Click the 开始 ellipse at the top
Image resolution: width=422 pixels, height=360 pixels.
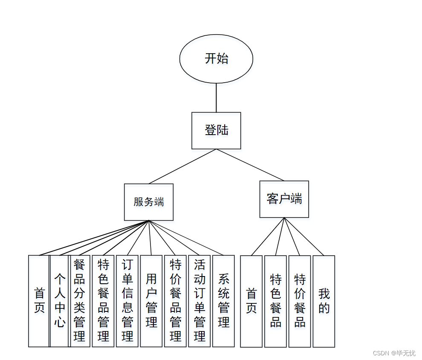(216, 59)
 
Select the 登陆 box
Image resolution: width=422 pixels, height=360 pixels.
(216, 130)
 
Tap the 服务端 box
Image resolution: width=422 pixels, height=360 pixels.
(148, 202)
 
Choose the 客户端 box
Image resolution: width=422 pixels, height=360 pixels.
(284, 199)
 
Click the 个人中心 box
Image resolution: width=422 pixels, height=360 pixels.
(59, 301)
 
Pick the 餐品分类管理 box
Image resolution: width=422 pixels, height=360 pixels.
(80, 301)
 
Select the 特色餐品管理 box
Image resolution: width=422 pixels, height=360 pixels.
(103, 301)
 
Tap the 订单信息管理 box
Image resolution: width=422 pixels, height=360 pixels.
(127, 301)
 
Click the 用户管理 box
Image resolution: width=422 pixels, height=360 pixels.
(151, 301)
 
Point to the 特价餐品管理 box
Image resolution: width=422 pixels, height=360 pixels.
(175, 301)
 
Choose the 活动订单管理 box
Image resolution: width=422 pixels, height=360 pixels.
(199, 301)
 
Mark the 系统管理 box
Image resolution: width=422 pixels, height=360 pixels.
(223, 301)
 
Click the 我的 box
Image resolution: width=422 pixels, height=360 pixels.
(324, 301)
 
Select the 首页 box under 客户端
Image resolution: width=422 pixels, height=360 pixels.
(251, 301)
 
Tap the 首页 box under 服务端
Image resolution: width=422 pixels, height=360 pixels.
(39, 301)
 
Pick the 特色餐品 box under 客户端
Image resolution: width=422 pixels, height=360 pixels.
(275, 301)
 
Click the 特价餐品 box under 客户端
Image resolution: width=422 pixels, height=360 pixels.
(300, 301)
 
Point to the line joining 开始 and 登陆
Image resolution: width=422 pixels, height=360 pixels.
(216, 98)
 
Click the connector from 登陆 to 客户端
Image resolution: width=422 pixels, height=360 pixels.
(250, 165)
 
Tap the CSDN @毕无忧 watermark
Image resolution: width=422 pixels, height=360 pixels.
(394, 353)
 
